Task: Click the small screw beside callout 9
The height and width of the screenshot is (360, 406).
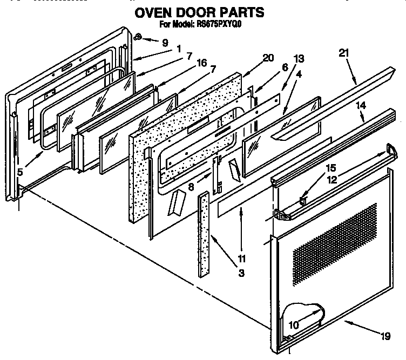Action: [138, 37]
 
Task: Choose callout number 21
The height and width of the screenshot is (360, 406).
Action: [344, 53]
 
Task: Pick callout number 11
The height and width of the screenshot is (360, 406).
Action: [241, 258]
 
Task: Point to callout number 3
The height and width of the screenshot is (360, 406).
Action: [241, 274]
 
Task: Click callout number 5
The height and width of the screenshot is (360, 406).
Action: [20, 173]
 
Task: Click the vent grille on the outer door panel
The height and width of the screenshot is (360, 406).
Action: [335, 243]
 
